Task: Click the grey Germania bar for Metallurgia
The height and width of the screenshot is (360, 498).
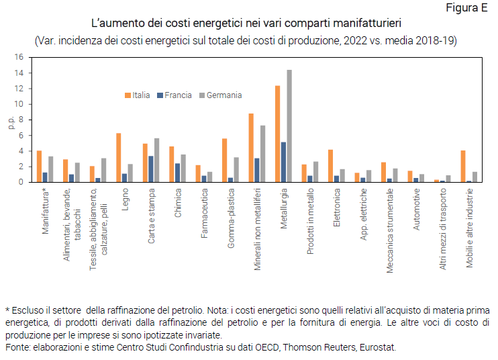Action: (289, 126)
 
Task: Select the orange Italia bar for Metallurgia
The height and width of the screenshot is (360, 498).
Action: (277, 134)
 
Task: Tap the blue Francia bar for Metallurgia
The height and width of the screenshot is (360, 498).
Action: (283, 162)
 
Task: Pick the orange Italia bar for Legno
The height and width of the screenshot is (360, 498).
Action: (118, 157)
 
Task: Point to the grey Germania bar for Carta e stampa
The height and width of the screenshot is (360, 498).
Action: (157, 160)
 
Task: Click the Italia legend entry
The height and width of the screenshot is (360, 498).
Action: (137, 95)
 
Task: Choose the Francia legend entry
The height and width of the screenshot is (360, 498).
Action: (174, 95)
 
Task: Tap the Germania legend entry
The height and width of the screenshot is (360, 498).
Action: (219, 95)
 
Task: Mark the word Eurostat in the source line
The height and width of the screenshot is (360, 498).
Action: (378, 348)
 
